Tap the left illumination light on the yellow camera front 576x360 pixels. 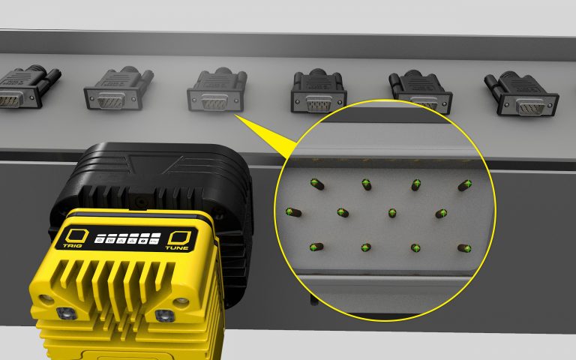[63, 310]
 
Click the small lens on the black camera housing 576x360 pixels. [139, 200]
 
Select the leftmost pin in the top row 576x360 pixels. [316, 182]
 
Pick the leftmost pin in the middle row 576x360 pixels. [291, 213]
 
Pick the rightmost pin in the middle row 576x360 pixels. [442, 214]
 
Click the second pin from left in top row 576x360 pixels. [367, 184]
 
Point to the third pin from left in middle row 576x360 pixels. [392, 213]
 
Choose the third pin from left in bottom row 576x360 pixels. [415, 247]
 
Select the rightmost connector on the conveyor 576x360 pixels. [523, 94]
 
